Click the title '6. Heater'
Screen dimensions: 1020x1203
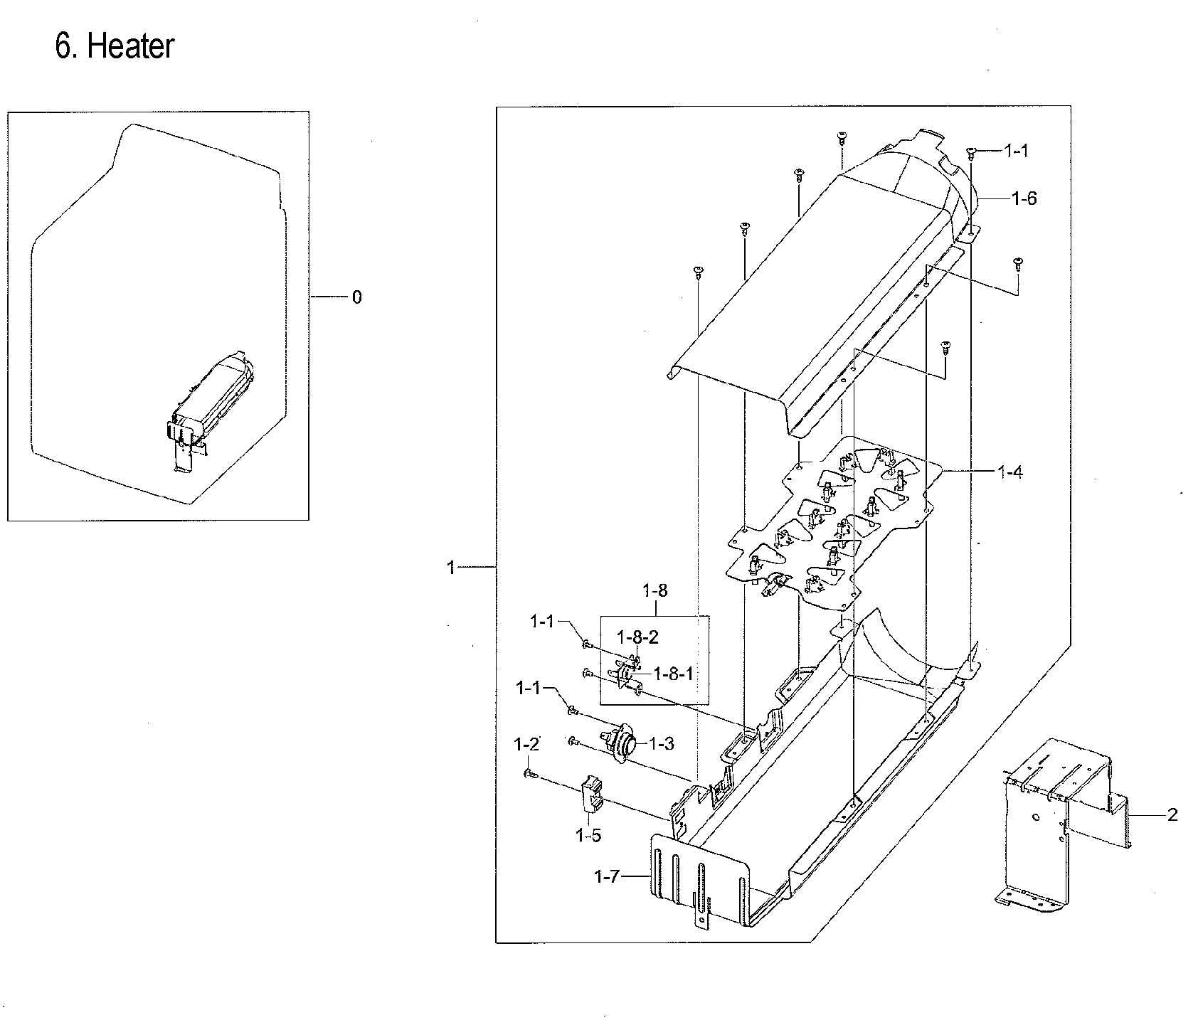point(115,47)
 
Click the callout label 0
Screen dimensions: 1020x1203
point(357,297)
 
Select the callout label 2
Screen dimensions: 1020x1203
point(1172,814)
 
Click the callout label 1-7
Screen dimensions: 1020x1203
point(607,877)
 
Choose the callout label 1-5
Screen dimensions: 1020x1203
point(588,835)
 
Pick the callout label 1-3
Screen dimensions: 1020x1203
point(661,743)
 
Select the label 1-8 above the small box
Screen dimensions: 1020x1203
point(655,590)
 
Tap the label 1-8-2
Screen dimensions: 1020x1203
point(637,637)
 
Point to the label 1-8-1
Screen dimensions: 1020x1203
point(672,674)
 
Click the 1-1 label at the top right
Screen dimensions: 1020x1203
point(1016,150)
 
